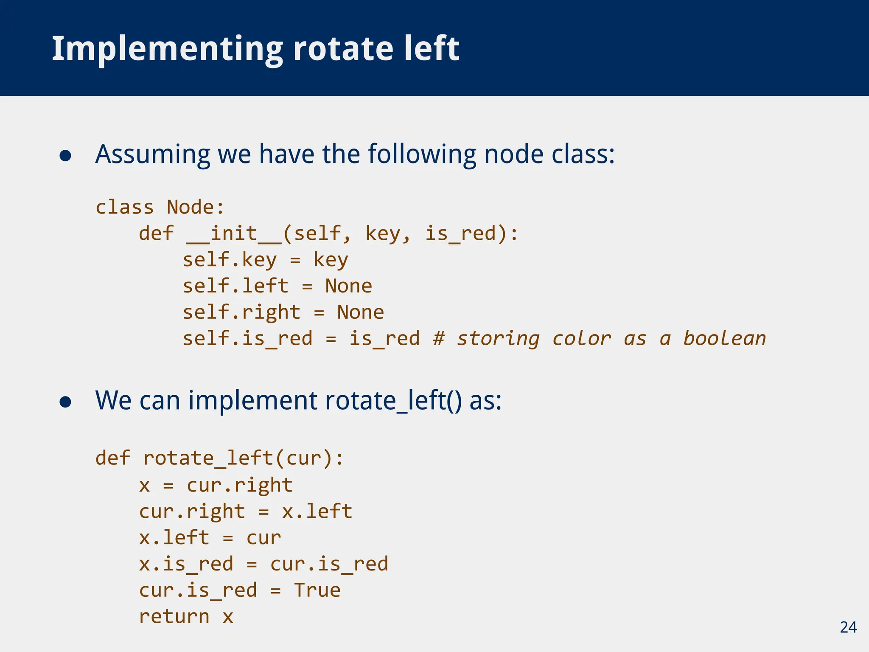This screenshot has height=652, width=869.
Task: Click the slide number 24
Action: [848, 627]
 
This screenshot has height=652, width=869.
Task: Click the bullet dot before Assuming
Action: [65, 155]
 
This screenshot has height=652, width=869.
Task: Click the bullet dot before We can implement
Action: [65, 402]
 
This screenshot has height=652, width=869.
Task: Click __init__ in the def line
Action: [234, 234]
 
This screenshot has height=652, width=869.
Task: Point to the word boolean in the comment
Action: [724, 339]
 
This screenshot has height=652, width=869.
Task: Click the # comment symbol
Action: [439, 339]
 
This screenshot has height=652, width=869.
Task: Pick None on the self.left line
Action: [348, 286]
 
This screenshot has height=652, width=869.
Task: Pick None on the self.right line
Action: [360, 312]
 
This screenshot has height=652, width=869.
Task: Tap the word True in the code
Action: [317, 590]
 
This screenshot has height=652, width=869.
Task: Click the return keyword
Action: [174, 617]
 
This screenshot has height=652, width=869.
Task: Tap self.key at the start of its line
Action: [230, 260]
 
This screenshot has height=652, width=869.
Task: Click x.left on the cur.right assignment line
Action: [317, 511]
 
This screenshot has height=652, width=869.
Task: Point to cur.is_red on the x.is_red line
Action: [329, 564]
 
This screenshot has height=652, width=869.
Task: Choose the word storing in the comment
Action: [498, 339]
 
